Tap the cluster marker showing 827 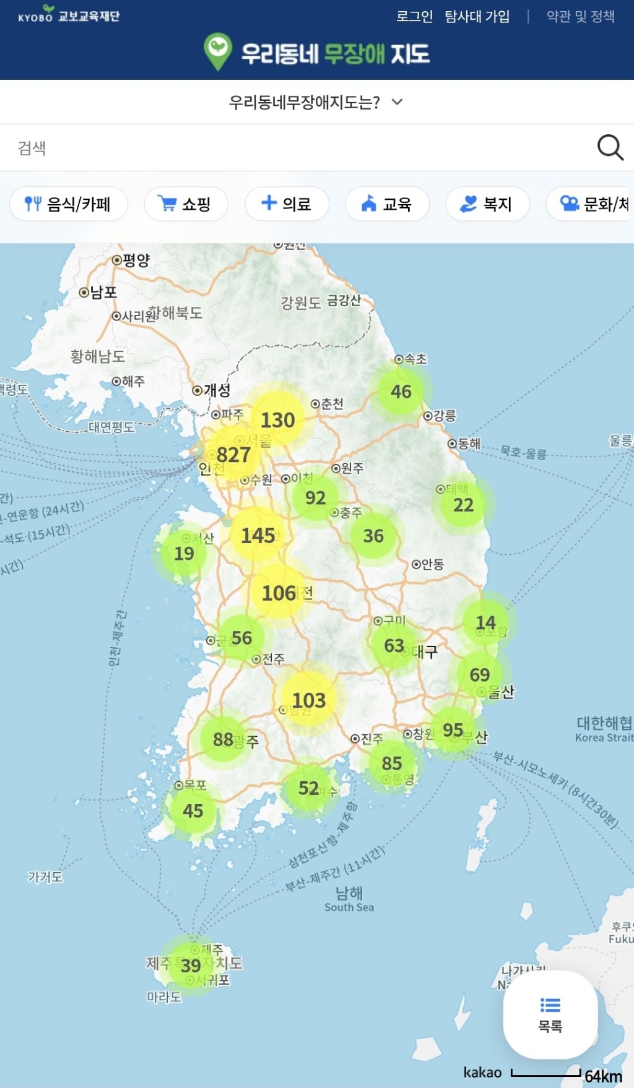tap(233, 455)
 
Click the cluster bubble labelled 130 tap(277, 420)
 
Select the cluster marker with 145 tap(258, 535)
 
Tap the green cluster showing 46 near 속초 tap(401, 391)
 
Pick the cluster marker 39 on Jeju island tap(191, 966)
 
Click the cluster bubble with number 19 tap(184, 553)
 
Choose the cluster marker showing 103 tap(308, 700)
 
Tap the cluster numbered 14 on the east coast tap(485, 622)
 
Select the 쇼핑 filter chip tap(186, 203)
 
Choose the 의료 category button tap(286, 203)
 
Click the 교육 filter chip tap(387, 203)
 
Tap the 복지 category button tap(487, 203)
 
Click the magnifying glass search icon tap(610, 148)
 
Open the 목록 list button tap(550, 1014)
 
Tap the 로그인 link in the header tap(414, 16)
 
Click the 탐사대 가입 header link tap(477, 16)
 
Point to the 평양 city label tap(136, 260)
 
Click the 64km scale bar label tap(603, 1076)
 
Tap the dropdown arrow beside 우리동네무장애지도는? tap(397, 101)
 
